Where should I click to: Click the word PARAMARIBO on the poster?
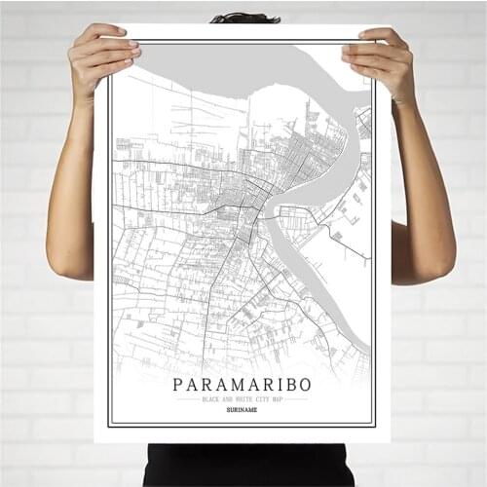243,384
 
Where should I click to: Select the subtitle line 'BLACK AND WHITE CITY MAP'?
243,399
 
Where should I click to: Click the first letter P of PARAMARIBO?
177,384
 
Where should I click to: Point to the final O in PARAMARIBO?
307,384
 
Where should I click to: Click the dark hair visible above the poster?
244,18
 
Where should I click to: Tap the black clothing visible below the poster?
243,465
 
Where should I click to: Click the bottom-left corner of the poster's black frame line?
109,426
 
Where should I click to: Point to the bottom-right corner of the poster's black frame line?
376,426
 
